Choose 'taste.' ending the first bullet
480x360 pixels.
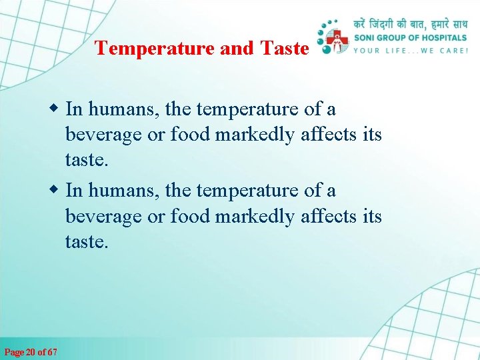click(86, 161)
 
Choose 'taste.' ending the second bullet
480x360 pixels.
click(86, 243)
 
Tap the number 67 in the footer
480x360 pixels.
click(52, 351)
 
